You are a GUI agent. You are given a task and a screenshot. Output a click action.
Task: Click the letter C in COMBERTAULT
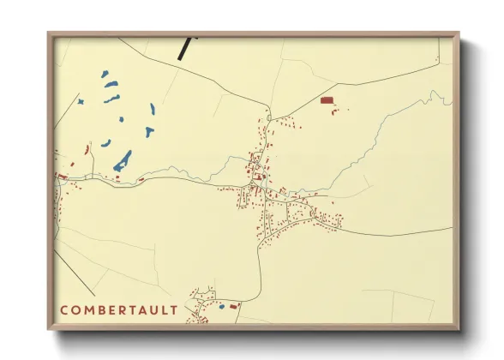coord(63,309)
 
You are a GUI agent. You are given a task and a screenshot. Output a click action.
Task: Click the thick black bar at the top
coord(185,46)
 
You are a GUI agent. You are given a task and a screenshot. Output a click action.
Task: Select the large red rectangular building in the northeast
coord(327,100)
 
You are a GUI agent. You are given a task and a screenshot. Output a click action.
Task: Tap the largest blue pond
coord(123,159)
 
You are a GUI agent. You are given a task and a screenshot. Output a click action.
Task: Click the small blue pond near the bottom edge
coord(221,306)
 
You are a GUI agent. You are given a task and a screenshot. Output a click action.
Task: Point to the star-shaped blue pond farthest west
coord(81,102)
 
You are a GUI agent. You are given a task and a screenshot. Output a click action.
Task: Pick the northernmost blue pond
coord(105,74)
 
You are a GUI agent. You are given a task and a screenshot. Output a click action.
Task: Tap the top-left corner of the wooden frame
coord(49,33)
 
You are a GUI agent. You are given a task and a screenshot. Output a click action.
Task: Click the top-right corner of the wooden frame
coord(459,33)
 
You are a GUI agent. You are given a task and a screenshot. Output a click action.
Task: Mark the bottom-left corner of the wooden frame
coord(49,330)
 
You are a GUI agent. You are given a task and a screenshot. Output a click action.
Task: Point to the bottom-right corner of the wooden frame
coord(459,330)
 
